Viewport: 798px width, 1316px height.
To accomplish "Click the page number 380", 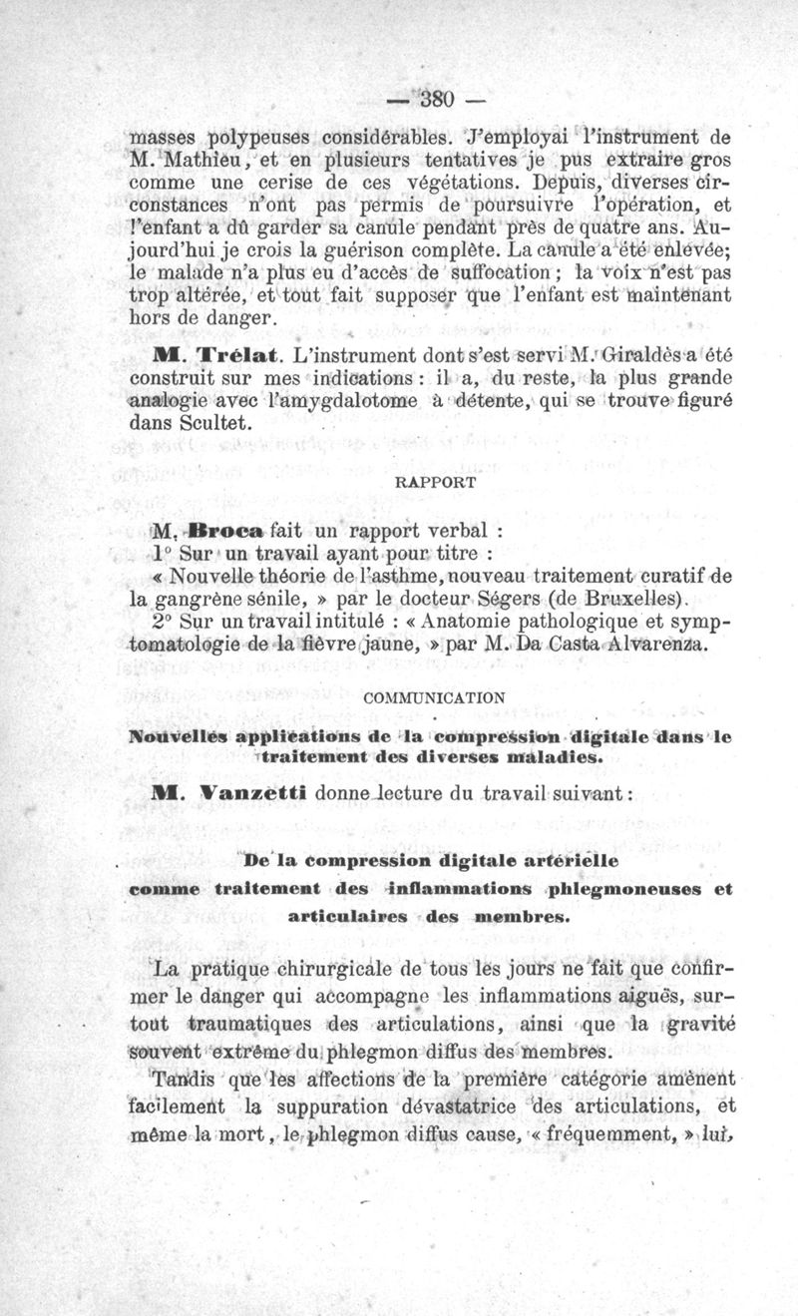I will click(x=437, y=99).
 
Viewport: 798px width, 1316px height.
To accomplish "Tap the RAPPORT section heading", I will click(x=436, y=481).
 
